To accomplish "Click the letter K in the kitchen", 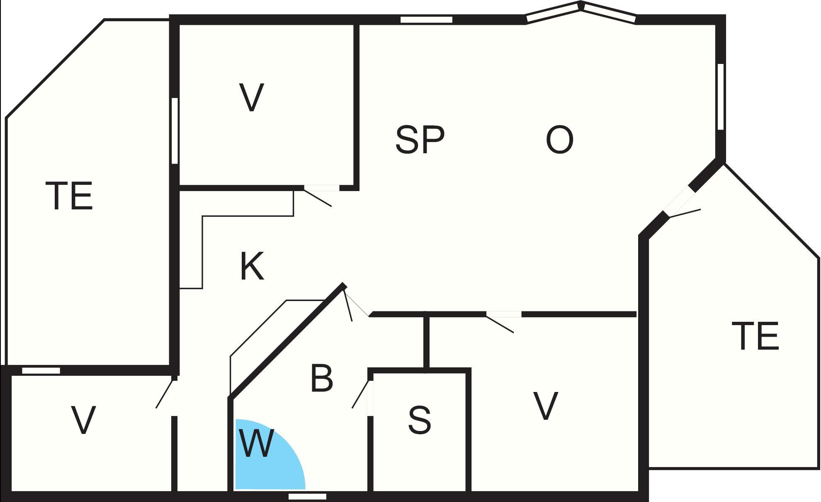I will tap(252, 266).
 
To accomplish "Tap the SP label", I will tap(420, 140).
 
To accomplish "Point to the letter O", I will tap(559, 140).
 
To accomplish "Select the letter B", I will tap(322, 378).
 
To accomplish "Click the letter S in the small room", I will tap(420, 420).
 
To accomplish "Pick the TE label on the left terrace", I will tap(69, 196).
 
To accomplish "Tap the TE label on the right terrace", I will tap(755, 336).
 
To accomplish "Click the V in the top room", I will tap(252, 98).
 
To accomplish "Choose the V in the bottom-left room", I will tap(84, 420).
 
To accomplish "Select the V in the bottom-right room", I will tap(545, 406).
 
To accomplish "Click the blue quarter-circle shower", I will tap(265, 461).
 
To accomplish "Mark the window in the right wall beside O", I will tap(721, 96).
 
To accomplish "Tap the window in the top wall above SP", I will tap(426, 20).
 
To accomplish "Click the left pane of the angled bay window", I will tap(552, 12).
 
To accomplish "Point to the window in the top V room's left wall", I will tap(175, 131).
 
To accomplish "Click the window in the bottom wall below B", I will tap(307, 496).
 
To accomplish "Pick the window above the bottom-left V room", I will tap(41, 370).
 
